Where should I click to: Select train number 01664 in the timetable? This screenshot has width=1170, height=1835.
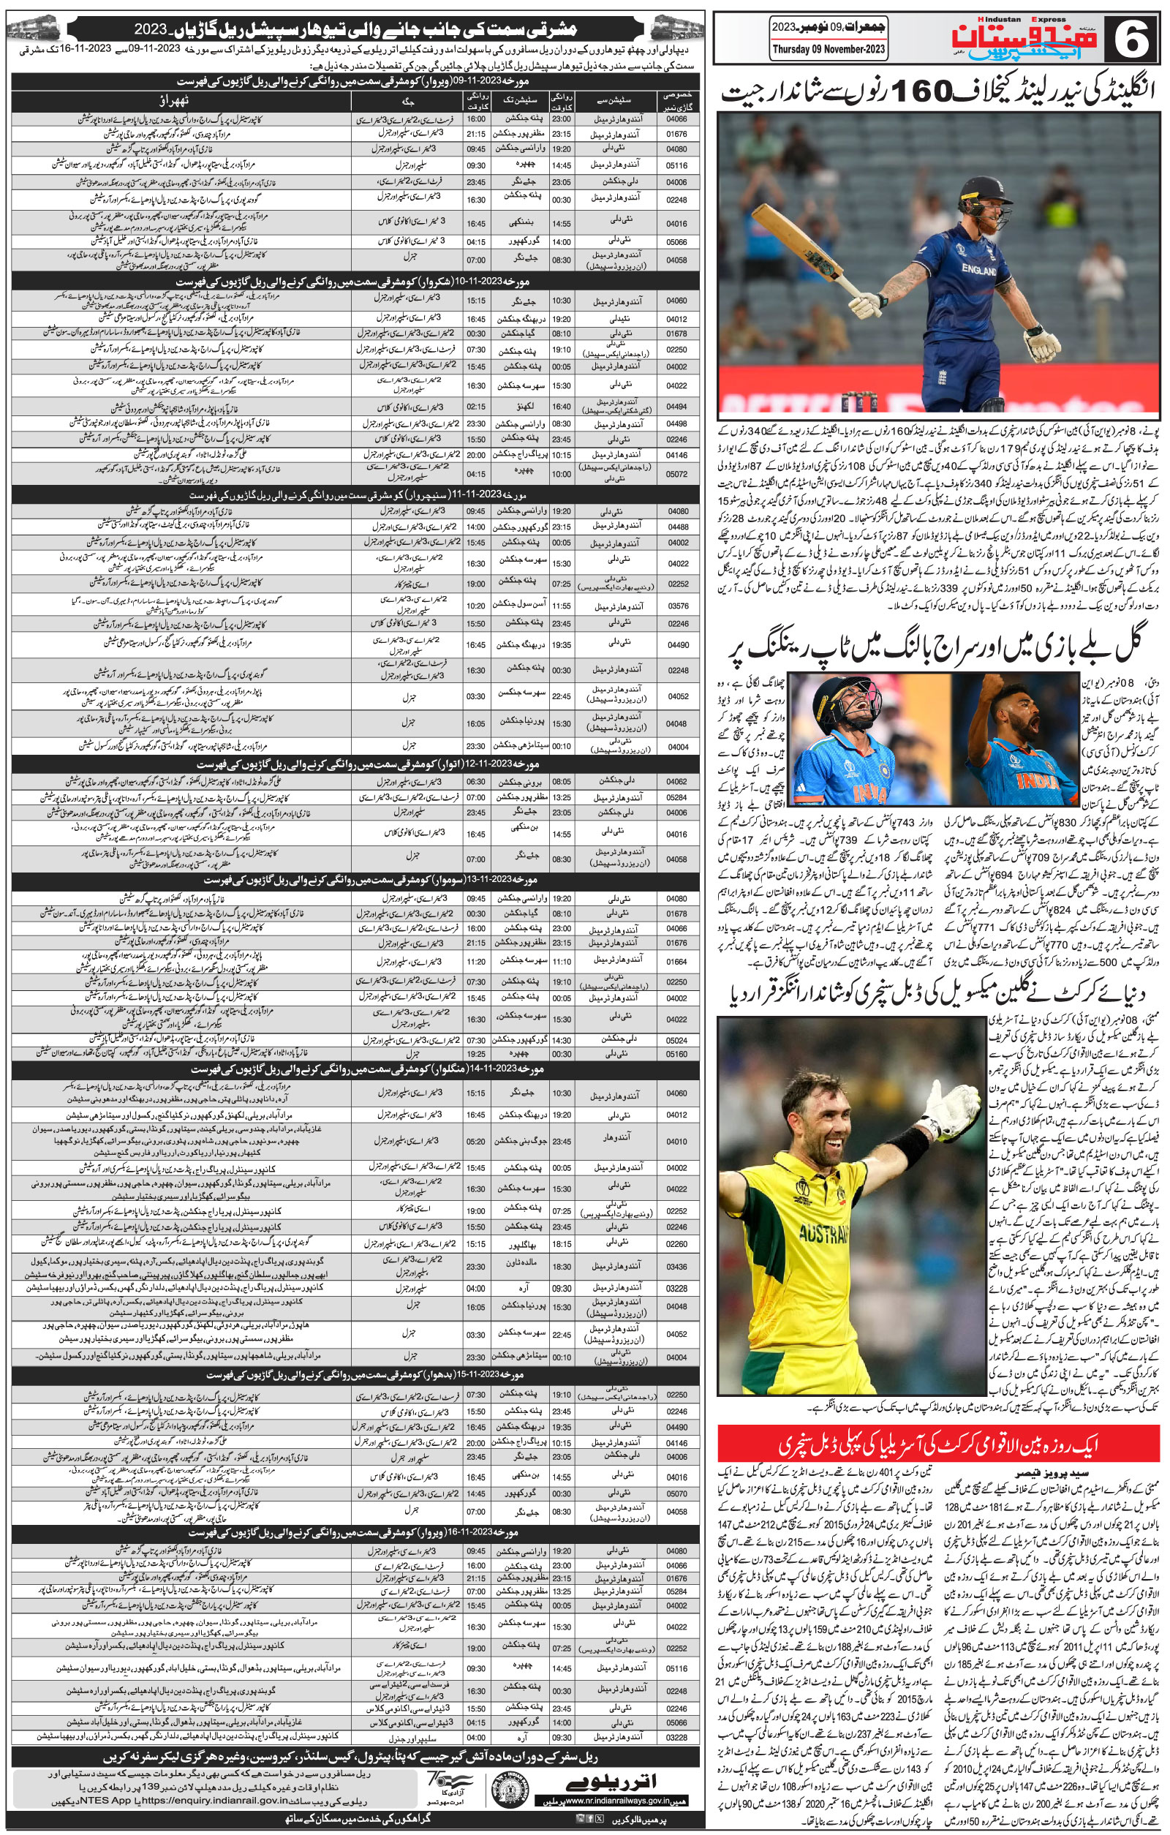tap(676, 962)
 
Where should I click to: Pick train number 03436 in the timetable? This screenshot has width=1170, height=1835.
tap(676, 1267)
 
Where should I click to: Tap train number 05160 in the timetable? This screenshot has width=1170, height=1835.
tap(676, 1055)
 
